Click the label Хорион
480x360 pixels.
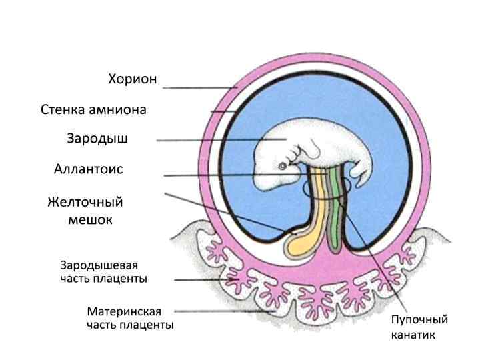[133, 79]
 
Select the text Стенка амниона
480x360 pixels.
[93, 109]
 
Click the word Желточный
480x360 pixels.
[85, 201]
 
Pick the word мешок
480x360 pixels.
[90, 219]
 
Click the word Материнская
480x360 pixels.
[124, 311]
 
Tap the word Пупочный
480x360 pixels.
[419, 319]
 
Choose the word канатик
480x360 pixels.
[413, 335]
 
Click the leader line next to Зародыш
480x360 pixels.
[213, 140]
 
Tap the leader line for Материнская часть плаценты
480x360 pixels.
[227, 311]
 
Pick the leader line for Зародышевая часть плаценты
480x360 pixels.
[200, 280]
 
